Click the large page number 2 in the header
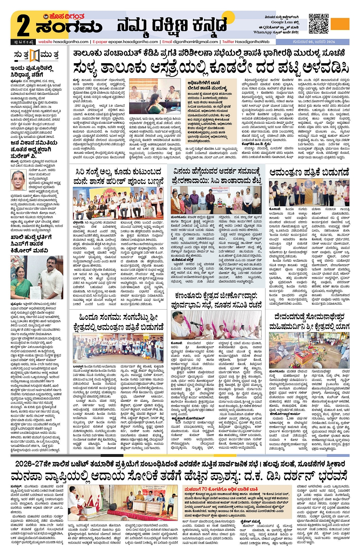[23, 25]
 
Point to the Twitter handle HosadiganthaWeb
[252, 42]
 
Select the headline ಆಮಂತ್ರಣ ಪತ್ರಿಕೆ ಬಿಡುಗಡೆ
[309, 173]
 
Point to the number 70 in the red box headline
[204, 489]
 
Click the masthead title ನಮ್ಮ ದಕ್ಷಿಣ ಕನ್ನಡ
[171, 26]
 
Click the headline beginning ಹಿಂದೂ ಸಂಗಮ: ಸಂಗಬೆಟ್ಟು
[122, 322]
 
